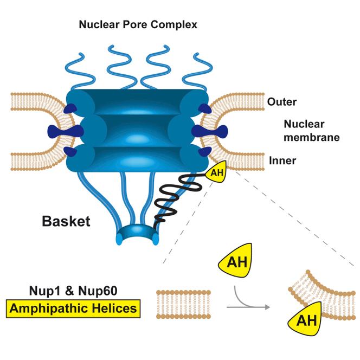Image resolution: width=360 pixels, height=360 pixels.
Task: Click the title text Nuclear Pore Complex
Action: tap(137, 24)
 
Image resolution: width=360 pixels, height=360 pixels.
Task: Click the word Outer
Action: tap(281, 102)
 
